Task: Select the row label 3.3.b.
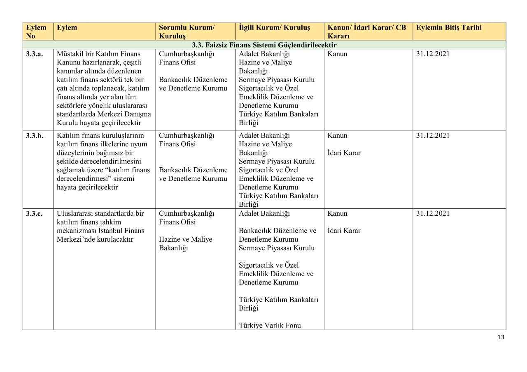(x=34, y=136)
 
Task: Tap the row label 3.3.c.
(x=34, y=214)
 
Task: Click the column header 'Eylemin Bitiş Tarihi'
(x=449, y=28)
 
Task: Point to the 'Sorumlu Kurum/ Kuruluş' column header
(x=187, y=32)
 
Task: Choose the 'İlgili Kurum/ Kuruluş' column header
(x=274, y=28)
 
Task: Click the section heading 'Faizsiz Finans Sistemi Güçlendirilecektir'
(x=264, y=45)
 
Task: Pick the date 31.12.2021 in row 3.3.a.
(x=433, y=54)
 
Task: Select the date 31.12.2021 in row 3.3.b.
(x=433, y=136)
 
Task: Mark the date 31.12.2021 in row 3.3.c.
(x=433, y=214)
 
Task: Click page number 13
(x=501, y=337)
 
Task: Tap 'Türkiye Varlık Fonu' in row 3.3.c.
(x=270, y=326)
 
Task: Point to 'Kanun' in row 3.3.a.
(x=337, y=54)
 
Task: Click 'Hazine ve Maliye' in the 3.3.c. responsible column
(x=185, y=239)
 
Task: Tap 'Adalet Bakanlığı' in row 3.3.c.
(x=264, y=214)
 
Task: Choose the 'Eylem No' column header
(x=36, y=32)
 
